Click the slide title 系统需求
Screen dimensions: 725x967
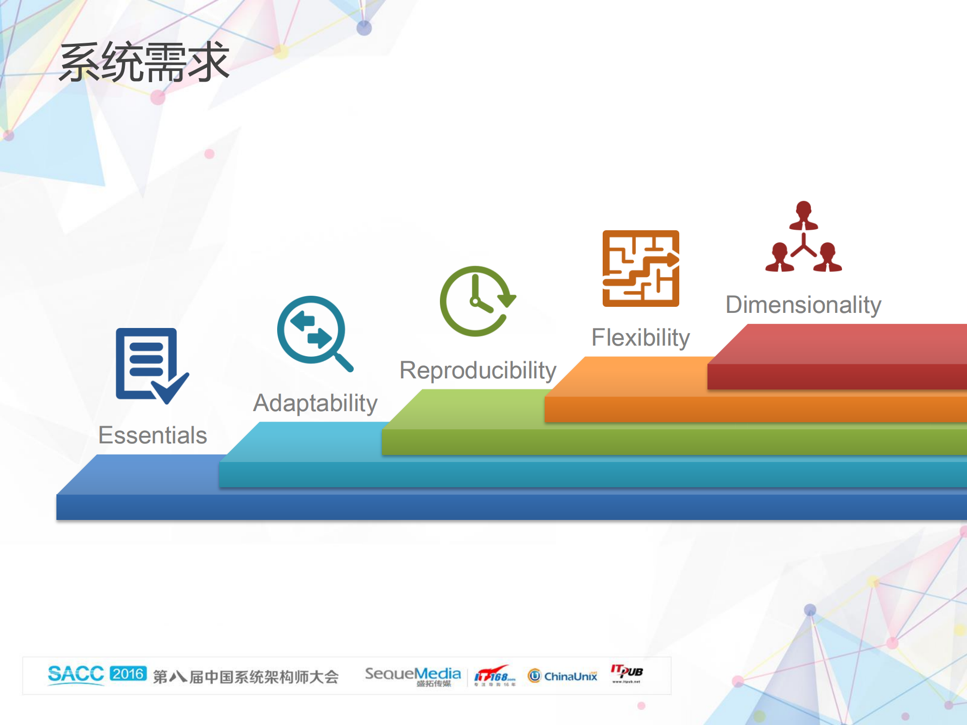pos(144,62)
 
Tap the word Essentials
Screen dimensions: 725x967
pos(153,435)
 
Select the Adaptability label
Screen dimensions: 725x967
pos(315,403)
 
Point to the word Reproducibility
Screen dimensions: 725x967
pos(478,370)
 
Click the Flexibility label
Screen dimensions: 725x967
pos(640,338)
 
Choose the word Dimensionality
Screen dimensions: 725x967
pos(803,305)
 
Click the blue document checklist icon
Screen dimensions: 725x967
pos(149,364)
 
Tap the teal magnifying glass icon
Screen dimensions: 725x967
pos(312,331)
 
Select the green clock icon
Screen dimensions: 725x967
pos(476,301)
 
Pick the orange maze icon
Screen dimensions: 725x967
pos(640,269)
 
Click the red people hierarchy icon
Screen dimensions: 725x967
pos(803,237)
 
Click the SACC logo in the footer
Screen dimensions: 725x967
pos(76,674)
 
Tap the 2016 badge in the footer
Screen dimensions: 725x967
pos(128,674)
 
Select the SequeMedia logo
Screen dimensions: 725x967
pos(413,675)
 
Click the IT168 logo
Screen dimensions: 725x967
pos(494,675)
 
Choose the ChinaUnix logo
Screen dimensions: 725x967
pos(563,676)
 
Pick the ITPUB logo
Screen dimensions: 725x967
pos(626,673)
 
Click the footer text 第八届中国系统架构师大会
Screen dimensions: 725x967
pos(245,677)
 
